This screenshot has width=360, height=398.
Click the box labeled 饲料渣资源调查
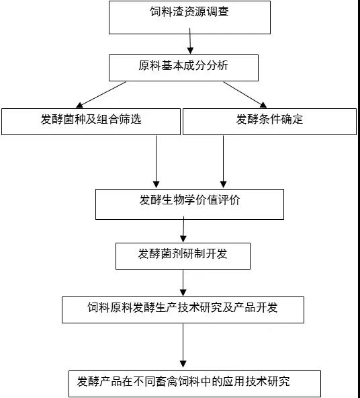[x=189, y=17]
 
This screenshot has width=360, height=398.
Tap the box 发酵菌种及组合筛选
[x=91, y=121]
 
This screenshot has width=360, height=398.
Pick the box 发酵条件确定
[x=269, y=121]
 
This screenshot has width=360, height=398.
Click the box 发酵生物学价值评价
[x=189, y=204]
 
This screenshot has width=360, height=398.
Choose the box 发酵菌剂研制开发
[x=183, y=255]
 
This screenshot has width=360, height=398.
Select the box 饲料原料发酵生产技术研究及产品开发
[x=183, y=309]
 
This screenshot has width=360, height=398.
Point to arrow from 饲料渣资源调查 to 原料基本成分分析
[x=191, y=44]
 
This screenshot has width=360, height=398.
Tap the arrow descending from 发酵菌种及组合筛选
[x=156, y=161]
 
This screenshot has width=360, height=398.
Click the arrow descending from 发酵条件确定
[x=223, y=161]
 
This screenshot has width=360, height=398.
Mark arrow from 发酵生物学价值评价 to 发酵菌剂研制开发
[x=183, y=231]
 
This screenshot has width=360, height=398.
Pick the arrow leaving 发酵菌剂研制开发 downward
[x=183, y=282]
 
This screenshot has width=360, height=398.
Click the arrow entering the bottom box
[x=183, y=346]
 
